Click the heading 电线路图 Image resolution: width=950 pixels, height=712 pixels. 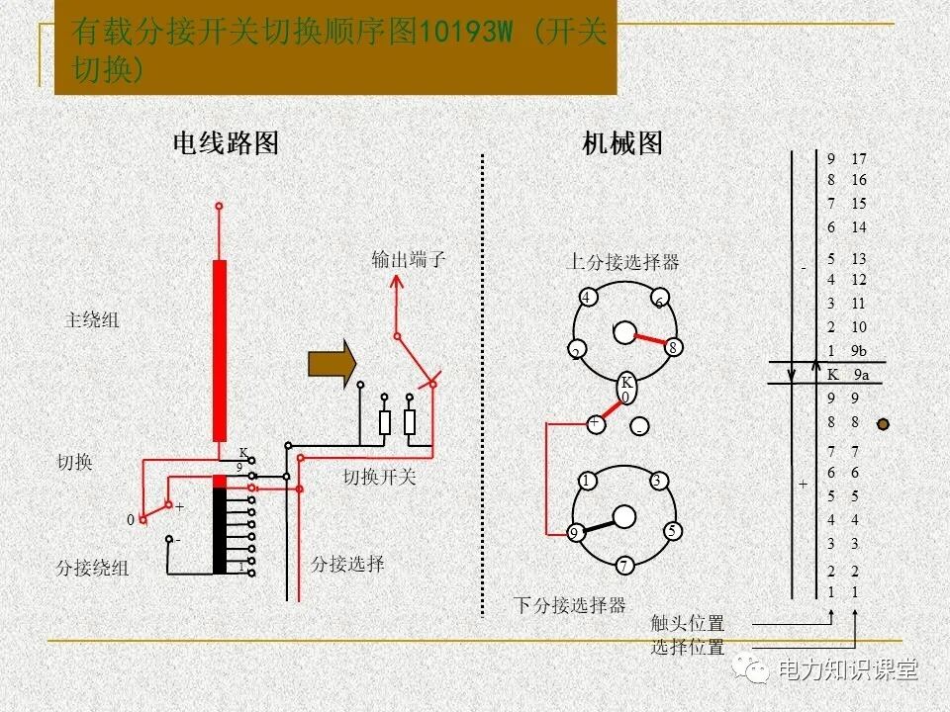click(226, 144)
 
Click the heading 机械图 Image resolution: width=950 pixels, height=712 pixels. click(622, 144)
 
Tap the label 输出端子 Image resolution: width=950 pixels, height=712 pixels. click(409, 260)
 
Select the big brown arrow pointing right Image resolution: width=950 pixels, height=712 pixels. click(332, 363)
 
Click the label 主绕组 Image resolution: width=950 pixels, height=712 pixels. click(92, 320)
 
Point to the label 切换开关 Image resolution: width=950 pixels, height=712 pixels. click(380, 478)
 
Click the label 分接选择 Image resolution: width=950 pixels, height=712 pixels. click(347, 564)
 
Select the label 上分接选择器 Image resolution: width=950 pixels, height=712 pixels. click(622, 262)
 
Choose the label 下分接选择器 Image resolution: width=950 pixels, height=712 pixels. click(569, 604)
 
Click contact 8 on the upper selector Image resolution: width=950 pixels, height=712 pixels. click(672, 347)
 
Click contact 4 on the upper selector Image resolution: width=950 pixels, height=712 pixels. click(587, 298)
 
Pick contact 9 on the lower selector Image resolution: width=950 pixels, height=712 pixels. click(574, 533)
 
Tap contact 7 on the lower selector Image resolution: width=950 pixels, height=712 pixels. click(624, 566)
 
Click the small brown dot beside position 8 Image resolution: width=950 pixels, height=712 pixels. click(883, 424)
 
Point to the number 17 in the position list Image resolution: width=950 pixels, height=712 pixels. click(858, 159)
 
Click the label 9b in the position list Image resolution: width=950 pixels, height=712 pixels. click(858, 351)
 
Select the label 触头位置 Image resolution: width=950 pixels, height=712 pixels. click(688, 624)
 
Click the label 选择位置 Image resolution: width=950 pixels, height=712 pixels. click(688, 648)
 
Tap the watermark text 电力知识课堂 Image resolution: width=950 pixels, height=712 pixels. click(848, 669)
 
